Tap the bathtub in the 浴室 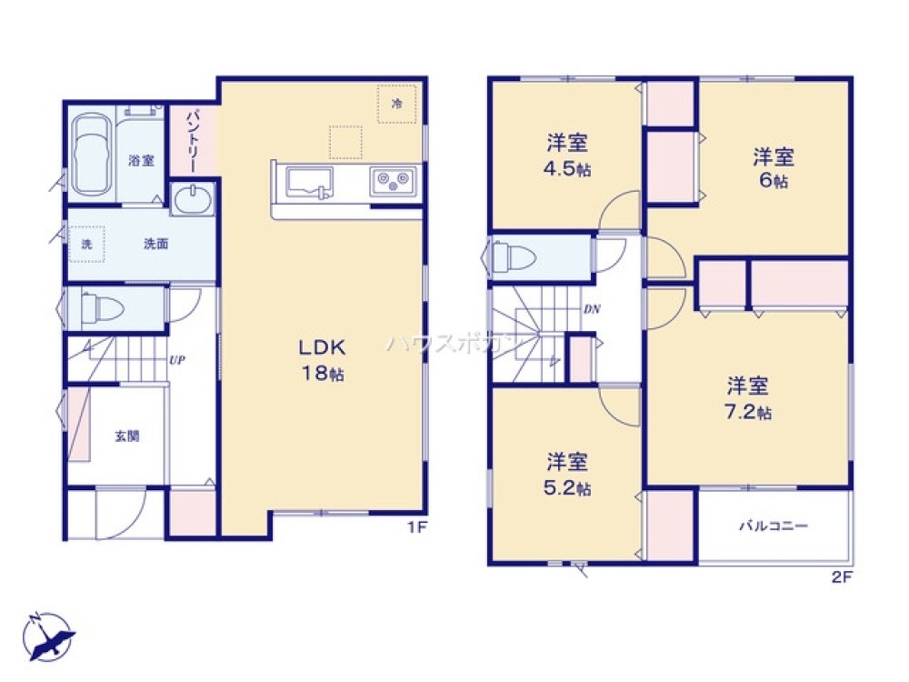click(92, 154)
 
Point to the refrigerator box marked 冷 click(396, 105)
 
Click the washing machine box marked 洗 click(86, 244)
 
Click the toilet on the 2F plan click(514, 256)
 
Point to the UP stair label click(176, 359)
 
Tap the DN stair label click(591, 309)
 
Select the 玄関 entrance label click(126, 436)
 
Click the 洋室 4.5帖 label click(566, 155)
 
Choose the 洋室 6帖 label click(773, 167)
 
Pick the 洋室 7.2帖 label click(747, 397)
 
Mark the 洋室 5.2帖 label click(566, 473)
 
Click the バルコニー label click(773, 526)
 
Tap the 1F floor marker click(417, 527)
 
